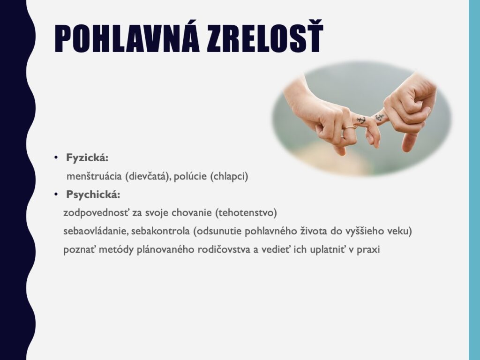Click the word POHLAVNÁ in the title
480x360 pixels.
coord(127,37)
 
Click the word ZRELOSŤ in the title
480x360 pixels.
coord(265,37)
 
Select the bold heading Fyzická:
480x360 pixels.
coord(87,158)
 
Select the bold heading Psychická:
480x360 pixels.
coord(93,195)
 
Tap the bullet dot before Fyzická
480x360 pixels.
coord(56,158)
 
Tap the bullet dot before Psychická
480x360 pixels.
coord(56,195)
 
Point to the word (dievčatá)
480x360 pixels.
coord(148,177)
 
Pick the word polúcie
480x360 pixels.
coord(190,176)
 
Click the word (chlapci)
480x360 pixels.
coord(229,177)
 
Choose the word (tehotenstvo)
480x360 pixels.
coord(246,213)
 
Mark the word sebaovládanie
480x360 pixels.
coord(96,231)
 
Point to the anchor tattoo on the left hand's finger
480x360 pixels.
coord(361,120)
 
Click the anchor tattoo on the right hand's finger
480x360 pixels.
coord(380,117)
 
